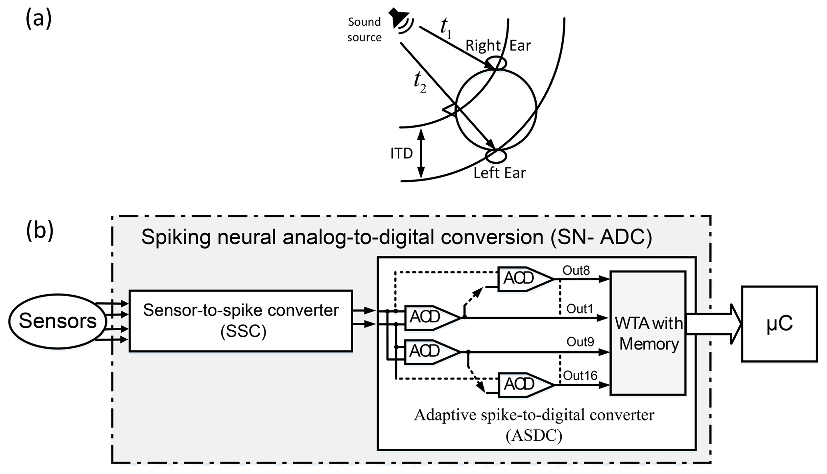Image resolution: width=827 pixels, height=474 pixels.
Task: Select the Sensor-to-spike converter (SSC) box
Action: pos(240,321)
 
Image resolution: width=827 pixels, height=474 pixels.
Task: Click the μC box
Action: pos(779,324)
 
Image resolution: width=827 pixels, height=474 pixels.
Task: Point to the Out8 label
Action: pos(576,271)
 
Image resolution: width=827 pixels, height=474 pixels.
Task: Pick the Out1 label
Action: pos(579,309)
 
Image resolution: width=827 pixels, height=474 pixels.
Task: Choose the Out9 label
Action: pos(580,342)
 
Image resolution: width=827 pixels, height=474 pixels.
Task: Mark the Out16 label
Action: pos(580,376)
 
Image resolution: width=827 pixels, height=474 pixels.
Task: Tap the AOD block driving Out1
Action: pos(431,317)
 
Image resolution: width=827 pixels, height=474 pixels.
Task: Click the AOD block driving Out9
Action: pos(431,351)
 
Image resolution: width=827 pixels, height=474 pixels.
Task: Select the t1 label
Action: pos(446,28)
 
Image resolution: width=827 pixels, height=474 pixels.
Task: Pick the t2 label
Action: pos(420,82)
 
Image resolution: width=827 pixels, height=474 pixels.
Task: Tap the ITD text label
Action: pos(401,153)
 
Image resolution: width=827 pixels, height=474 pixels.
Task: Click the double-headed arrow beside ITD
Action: pos(421,153)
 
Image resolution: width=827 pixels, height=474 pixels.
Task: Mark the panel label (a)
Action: pos(38,19)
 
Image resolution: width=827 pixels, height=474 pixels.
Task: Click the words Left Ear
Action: pos(499,173)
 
